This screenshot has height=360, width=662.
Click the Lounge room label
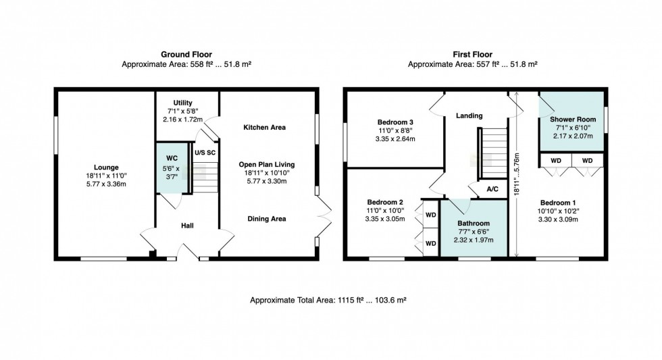point(106,168)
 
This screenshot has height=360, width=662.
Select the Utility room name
point(183,103)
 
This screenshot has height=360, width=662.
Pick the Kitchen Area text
point(265,127)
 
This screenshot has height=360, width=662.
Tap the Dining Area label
point(266,219)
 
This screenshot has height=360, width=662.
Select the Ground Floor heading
point(186,54)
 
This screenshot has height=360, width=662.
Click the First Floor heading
point(472,54)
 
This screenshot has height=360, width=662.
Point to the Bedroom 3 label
point(395,122)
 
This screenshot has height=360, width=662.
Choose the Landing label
point(469,115)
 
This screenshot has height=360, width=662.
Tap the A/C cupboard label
point(492,189)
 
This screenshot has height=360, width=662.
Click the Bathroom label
point(473,224)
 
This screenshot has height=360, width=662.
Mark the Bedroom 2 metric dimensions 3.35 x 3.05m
point(385,219)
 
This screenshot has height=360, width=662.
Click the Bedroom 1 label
point(559,202)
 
